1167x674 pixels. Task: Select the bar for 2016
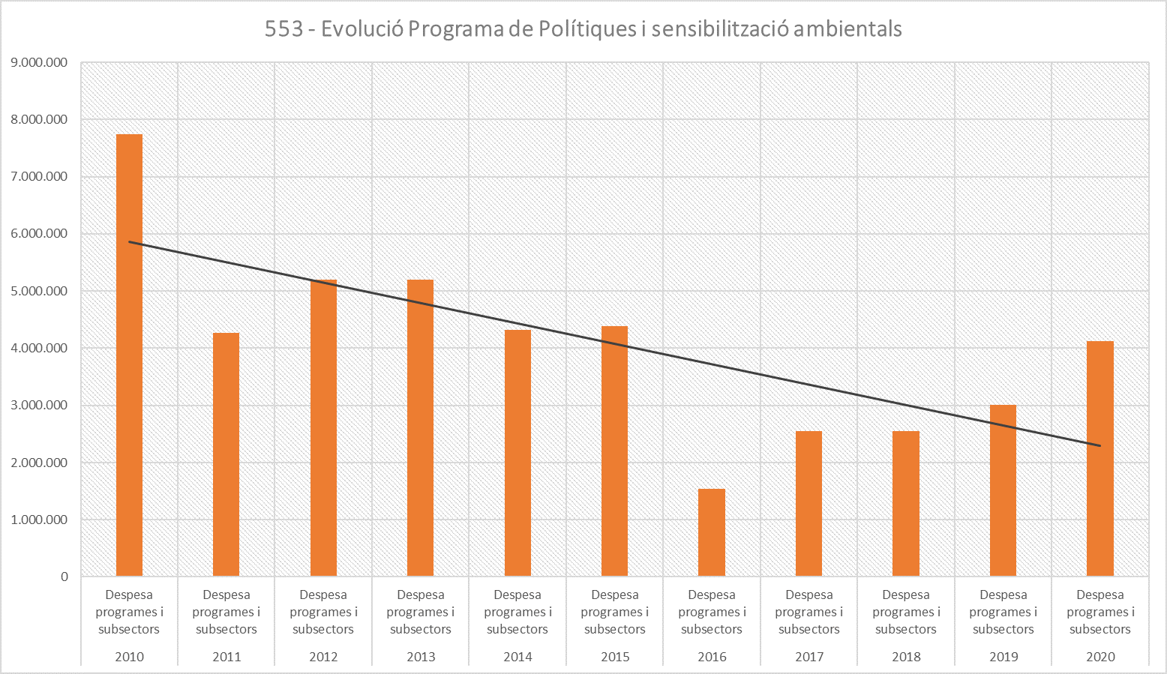[x=711, y=532]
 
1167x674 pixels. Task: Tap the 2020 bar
[x=1099, y=458]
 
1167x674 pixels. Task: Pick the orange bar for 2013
[x=420, y=427]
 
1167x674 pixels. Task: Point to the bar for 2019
[x=1003, y=490]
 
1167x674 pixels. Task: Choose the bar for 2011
[x=226, y=454]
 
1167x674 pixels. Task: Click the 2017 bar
[x=808, y=503]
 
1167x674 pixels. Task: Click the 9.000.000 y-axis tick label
[x=39, y=63]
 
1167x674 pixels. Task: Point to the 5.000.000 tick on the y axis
[x=39, y=292]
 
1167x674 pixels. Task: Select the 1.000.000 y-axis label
[x=39, y=520]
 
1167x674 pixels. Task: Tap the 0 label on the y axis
[x=64, y=577]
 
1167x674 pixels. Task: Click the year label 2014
[x=517, y=657]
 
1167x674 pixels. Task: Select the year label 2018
[x=906, y=657]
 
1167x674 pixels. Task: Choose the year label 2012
[x=323, y=657]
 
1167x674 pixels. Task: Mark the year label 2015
[x=615, y=657]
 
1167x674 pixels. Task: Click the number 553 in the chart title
[x=284, y=29]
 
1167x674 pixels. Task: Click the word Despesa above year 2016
[x=712, y=595]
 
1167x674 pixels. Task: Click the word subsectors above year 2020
[x=1100, y=629]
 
